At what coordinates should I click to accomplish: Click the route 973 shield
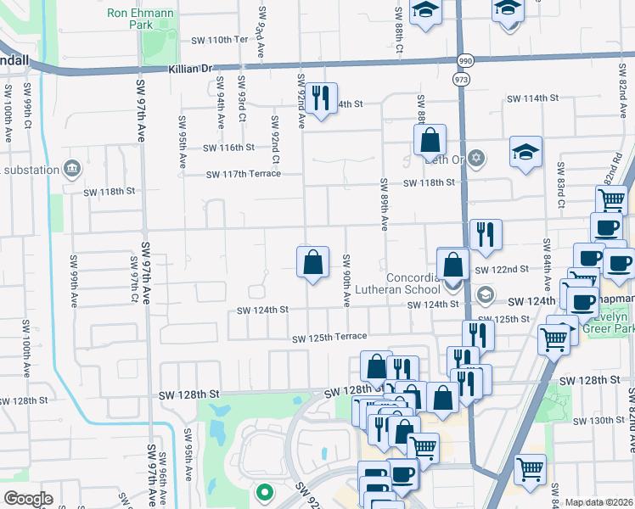[x=461, y=79]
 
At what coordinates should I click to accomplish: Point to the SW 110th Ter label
[x=219, y=40]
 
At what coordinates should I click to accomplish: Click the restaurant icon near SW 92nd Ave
[x=320, y=98]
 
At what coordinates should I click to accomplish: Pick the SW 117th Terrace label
[x=244, y=175]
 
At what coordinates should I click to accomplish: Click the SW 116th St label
[x=228, y=148]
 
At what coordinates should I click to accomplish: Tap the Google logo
[x=28, y=499]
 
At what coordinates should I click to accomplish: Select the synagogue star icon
[x=476, y=158]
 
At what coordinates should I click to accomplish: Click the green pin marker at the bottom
[x=264, y=491]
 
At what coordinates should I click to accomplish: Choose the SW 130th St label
[x=598, y=421]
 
